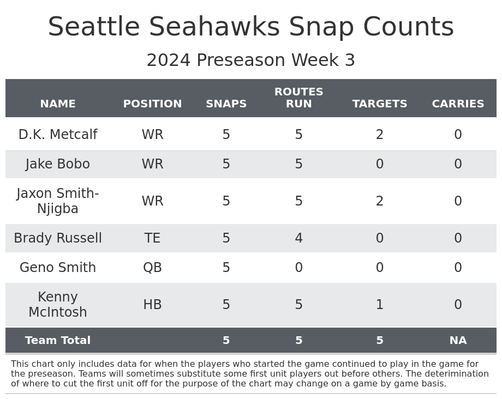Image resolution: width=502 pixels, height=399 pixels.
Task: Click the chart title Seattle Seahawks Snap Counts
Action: (x=251, y=27)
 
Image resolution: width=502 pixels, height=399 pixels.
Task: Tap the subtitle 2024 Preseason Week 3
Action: (x=251, y=61)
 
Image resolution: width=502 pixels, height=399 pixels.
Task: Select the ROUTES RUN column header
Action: (x=298, y=98)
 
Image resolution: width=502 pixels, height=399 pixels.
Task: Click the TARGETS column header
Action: (x=380, y=104)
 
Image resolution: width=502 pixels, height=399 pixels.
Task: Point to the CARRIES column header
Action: (x=458, y=104)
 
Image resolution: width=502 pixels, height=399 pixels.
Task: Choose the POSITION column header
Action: (x=152, y=104)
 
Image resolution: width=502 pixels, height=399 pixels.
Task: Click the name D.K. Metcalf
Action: (x=58, y=135)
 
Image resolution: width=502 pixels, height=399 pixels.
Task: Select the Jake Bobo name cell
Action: (x=58, y=164)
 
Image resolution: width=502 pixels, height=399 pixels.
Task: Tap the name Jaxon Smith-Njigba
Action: (x=58, y=201)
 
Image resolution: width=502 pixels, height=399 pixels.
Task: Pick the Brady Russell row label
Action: (x=58, y=238)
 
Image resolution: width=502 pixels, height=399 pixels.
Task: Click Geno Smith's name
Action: (x=58, y=268)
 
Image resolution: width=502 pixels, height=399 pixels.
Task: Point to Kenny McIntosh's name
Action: (x=58, y=305)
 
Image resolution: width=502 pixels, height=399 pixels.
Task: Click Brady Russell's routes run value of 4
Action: (x=298, y=238)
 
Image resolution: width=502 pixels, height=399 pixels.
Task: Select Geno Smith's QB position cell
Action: (x=152, y=268)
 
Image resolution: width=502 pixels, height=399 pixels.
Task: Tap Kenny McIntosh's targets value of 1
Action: (x=380, y=305)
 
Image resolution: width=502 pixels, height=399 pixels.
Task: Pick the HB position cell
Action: (x=152, y=305)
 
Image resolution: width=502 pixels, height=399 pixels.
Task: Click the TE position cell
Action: (x=152, y=238)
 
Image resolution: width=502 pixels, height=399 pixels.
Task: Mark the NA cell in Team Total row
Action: (x=458, y=341)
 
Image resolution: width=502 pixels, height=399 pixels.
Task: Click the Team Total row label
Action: (x=58, y=341)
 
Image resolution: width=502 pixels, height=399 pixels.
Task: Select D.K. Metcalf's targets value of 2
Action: (x=380, y=135)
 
